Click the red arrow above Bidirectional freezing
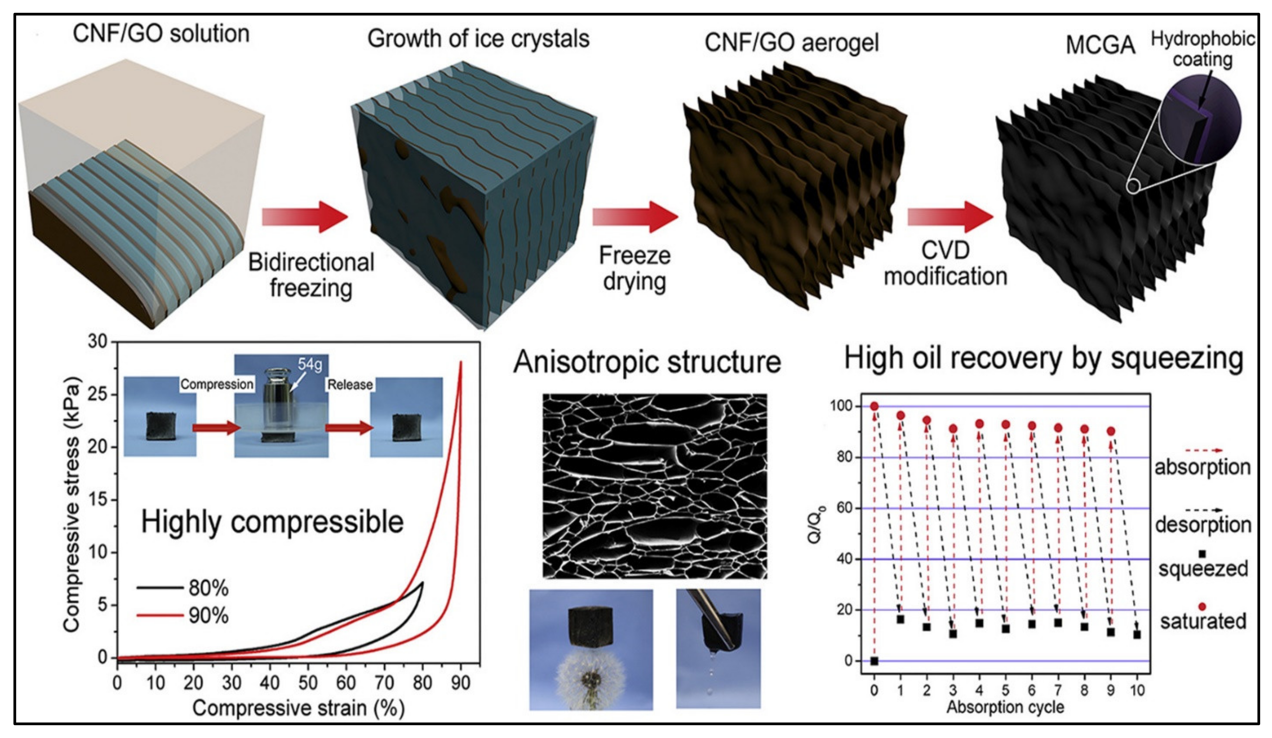point(305,217)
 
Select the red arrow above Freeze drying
point(635,217)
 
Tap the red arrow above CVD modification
point(950,217)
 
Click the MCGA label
point(1100,45)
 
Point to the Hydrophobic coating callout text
point(1202,49)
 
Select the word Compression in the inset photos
point(217,384)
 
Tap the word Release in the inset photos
point(350,384)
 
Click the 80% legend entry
point(208,588)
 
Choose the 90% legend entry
point(208,616)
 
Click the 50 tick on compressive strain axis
point(308,683)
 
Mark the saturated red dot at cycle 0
point(874,406)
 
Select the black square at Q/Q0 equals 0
point(874,661)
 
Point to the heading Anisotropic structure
point(647,362)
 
